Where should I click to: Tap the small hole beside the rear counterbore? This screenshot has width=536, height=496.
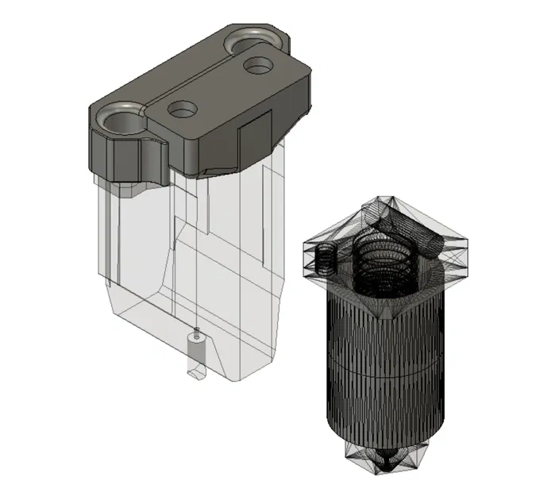[x=256, y=65]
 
